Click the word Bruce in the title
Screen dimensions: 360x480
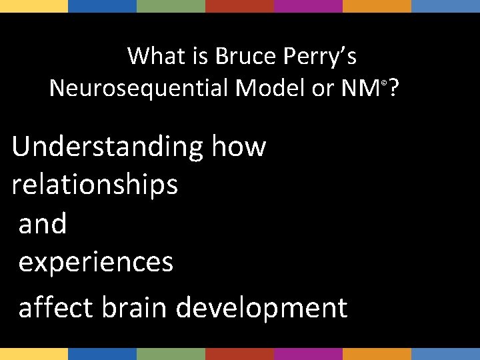245,57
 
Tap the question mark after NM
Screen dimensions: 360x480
394,87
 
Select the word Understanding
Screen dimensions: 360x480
107,147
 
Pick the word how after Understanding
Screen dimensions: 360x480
239,146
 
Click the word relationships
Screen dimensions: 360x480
95,185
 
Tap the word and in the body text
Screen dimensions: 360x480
43,224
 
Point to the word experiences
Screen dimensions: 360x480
96,263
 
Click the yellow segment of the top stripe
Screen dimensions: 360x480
34,6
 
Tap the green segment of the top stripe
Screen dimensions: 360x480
171,6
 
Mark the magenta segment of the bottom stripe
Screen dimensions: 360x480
308,353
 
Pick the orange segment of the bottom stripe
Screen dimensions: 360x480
377,353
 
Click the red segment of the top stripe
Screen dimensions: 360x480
239,6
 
